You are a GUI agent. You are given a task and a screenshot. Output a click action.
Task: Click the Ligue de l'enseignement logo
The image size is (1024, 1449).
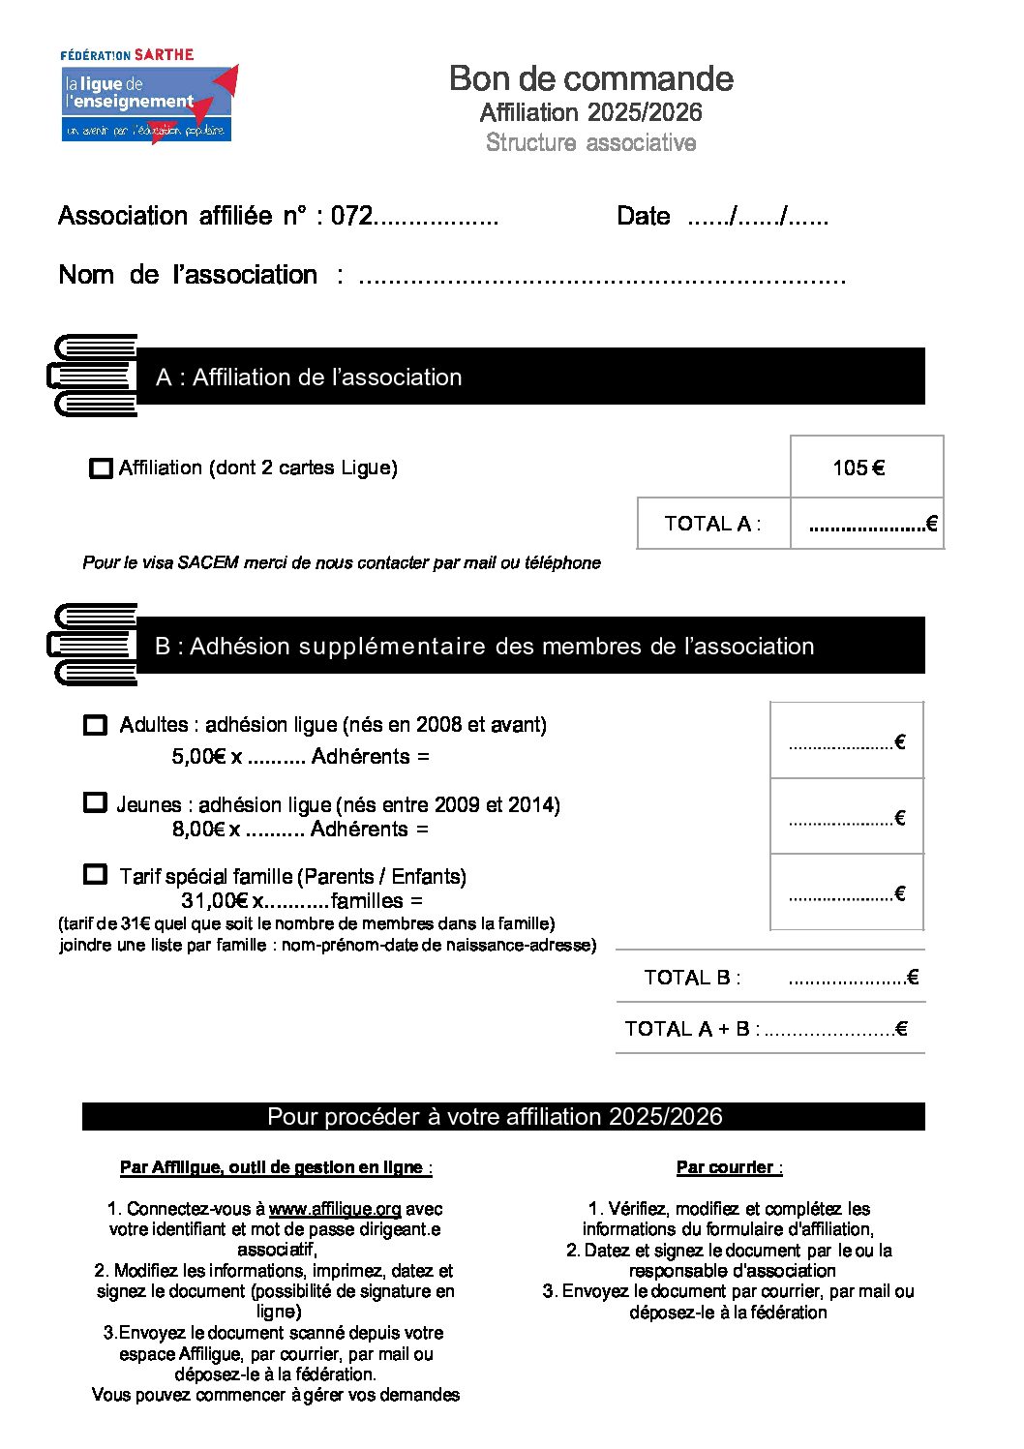tap(147, 97)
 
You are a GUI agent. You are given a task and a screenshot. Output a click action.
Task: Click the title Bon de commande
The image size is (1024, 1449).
tap(590, 78)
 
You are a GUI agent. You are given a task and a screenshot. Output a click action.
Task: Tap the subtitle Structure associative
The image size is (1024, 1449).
tap(590, 143)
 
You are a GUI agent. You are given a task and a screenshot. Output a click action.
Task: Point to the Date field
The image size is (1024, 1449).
tap(757, 217)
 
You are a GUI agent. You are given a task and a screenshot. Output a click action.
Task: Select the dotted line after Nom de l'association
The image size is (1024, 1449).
tap(601, 278)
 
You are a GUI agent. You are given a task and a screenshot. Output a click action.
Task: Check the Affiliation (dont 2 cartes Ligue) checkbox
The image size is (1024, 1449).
tap(100, 468)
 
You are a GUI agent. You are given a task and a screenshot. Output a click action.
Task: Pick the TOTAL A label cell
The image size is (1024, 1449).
tap(713, 524)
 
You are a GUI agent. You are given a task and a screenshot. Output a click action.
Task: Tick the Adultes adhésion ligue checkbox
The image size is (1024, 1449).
tap(95, 725)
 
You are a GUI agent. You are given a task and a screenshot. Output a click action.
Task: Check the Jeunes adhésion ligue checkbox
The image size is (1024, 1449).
tap(95, 803)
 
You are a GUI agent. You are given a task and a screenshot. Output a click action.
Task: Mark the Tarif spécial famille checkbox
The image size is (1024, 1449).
tap(95, 875)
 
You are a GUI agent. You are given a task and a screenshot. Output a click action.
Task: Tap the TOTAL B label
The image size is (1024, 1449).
tap(692, 978)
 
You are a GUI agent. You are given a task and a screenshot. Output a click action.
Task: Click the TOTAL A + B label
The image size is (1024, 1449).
tap(691, 1029)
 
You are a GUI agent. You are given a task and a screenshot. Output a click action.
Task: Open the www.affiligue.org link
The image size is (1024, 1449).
tap(334, 1209)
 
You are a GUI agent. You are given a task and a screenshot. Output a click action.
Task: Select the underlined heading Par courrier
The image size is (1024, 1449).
tap(728, 1167)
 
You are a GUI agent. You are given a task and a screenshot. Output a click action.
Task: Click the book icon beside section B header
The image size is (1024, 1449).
tap(94, 645)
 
